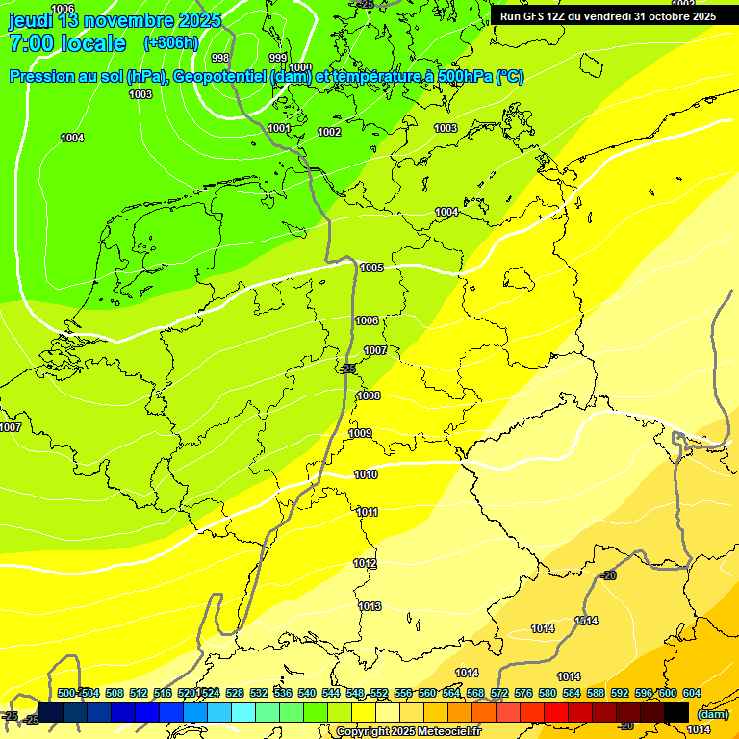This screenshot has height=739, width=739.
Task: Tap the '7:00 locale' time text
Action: (x=67, y=43)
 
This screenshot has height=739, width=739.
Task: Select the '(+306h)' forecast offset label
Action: (x=171, y=43)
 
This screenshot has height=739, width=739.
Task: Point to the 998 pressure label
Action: (x=220, y=58)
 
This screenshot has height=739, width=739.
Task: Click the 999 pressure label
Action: (x=278, y=58)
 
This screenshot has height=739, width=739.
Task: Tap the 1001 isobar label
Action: (x=279, y=128)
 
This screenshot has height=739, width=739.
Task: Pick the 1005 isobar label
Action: (x=371, y=268)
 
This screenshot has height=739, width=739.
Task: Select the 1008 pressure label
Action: (x=369, y=395)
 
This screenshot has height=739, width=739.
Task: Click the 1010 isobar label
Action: (x=366, y=474)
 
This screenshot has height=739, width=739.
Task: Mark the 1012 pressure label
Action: (x=365, y=563)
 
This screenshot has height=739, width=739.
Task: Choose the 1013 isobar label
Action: (x=369, y=606)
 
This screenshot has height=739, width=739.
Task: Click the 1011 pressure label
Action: (x=367, y=512)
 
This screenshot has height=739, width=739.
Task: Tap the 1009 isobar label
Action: (x=360, y=433)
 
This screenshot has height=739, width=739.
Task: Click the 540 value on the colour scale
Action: (x=307, y=693)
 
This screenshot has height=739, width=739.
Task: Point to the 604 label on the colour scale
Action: (x=691, y=693)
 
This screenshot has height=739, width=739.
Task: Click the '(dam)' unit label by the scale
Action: (x=712, y=714)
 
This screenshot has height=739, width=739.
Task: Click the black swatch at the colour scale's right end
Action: (x=676, y=712)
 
